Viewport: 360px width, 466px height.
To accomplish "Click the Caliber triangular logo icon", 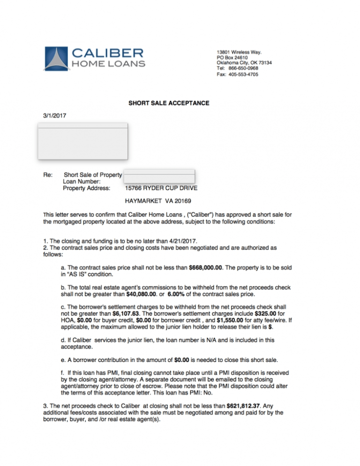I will click(56, 59).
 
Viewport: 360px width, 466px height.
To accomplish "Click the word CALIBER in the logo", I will click(107, 52).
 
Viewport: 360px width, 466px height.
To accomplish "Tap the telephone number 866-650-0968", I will click(243, 68).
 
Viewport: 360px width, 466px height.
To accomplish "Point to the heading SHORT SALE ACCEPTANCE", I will click(169, 103).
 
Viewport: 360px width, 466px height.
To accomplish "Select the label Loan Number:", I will click(82, 181).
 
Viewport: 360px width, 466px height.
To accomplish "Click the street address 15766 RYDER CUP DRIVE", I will click(161, 188).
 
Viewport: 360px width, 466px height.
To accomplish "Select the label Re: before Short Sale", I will click(47, 175).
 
